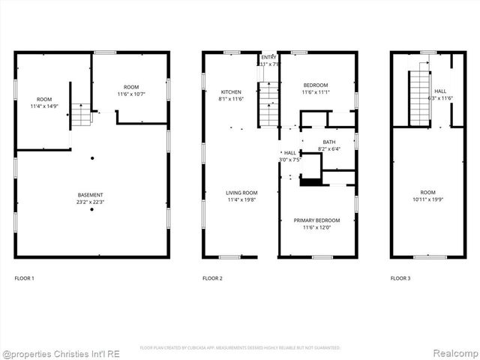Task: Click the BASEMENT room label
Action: (x=90, y=195)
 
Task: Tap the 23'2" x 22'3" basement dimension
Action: (x=90, y=202)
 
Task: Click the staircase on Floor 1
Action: (x=81, y=114)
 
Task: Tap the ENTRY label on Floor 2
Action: (x=268, y=57)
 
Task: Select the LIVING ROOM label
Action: (x=241, y=193)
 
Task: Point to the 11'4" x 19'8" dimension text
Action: (x=241, y=199)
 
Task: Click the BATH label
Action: (x=329, y=142)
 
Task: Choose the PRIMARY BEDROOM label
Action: (x=316, y=220)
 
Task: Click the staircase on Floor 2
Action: (x=268, y=104)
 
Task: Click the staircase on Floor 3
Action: (x=419, y=97)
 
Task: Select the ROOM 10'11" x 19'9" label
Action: (x=427, y=195)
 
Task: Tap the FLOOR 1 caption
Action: (x=24, y=278)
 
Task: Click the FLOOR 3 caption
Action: (x=400, y=278)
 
